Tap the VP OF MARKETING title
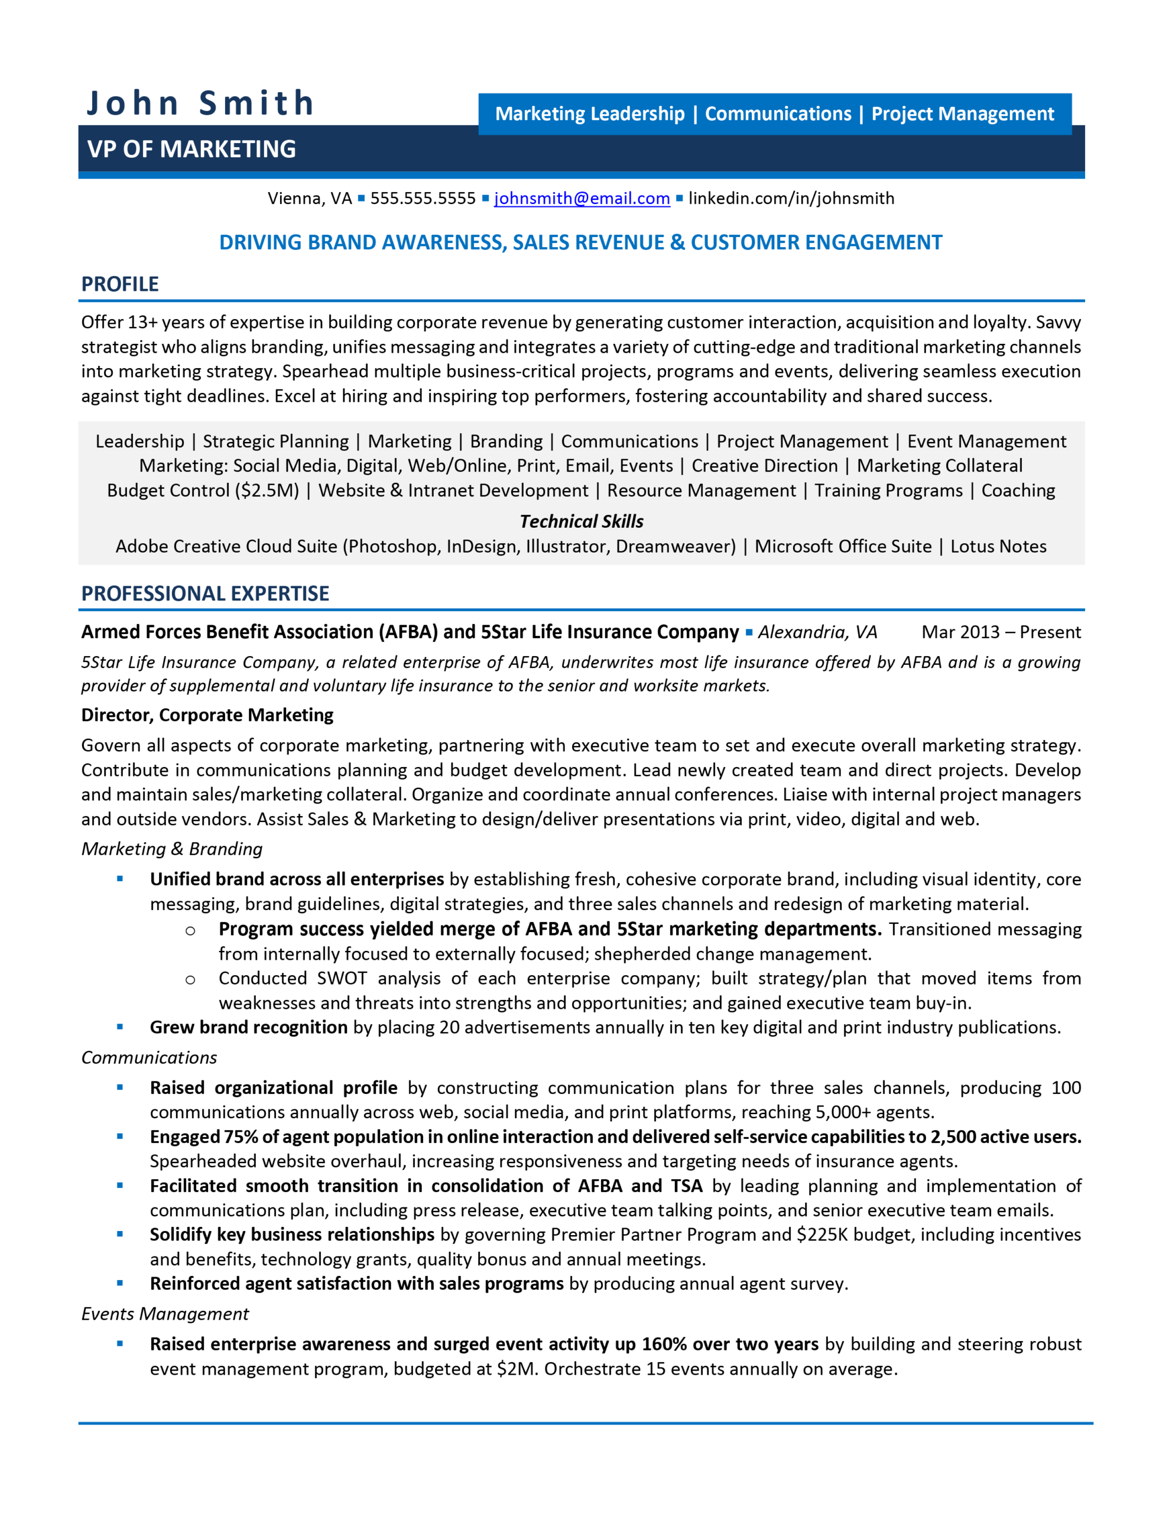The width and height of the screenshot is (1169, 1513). click(191, 149)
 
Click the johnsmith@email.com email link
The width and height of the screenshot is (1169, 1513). click(582, 198)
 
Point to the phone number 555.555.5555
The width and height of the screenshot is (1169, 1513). click(423, 198)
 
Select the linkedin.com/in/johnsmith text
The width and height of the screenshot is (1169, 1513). click(791, 198)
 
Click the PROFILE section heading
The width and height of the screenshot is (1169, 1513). click(120, 284)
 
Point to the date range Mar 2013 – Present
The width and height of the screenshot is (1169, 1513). click(1001, 632)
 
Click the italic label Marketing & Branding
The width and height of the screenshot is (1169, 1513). click(172, 849)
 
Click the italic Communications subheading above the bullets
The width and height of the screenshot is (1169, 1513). click(149, 1057)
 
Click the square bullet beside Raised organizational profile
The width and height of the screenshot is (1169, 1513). click(120, 1087)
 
